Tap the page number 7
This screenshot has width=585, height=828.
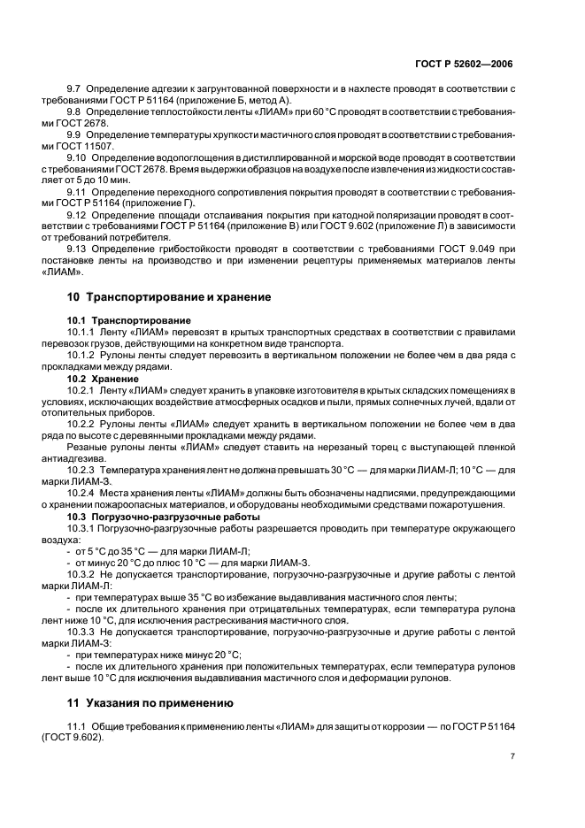click(x=512, y=756)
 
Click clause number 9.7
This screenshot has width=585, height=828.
click(x=74, y=90)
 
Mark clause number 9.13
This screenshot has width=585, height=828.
click(x=77, y=249)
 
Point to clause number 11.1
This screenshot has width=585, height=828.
click(x=78, y=726)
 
